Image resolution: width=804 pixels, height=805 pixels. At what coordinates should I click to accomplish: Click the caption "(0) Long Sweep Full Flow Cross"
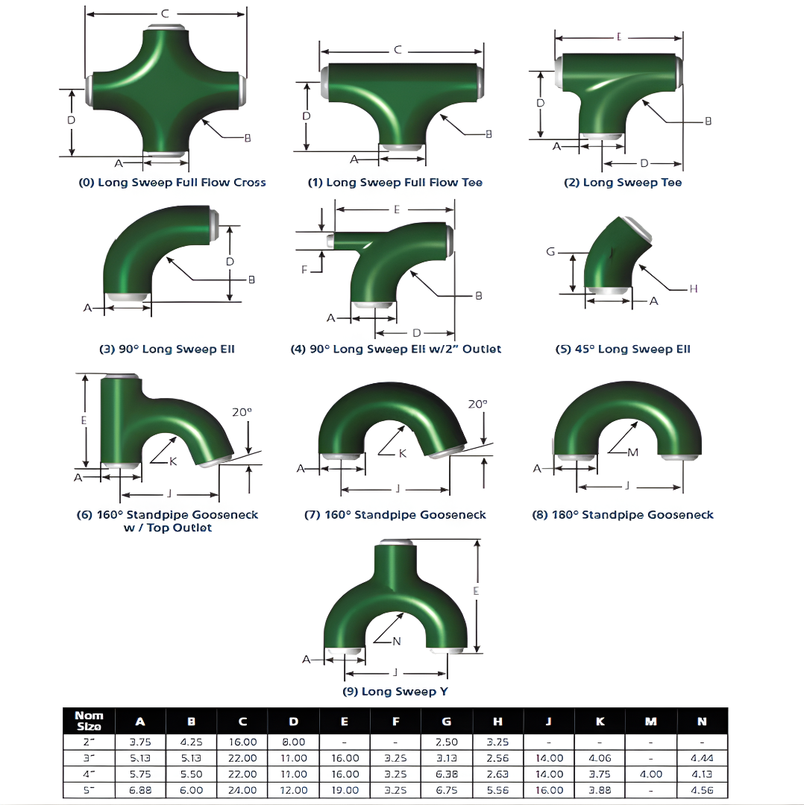[x=172, y=183]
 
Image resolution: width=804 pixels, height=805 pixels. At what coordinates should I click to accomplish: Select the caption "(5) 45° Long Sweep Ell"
[x=624, y=349]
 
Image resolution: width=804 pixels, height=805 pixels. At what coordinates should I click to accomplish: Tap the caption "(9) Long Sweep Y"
[x=395, y=692]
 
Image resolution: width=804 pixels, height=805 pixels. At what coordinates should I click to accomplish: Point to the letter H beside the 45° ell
[x=693, y=289]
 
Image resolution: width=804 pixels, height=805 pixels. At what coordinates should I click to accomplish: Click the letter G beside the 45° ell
[x=551, y=252]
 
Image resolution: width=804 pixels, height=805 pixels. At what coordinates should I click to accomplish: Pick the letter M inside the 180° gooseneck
[x=634, y=452]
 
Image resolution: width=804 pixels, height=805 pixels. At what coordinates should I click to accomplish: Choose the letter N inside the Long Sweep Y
[x=396, y=641]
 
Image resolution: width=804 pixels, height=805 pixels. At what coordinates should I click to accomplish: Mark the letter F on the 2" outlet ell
[x=304, y=270]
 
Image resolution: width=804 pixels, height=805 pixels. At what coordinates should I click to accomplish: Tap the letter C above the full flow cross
[x=165, y=13]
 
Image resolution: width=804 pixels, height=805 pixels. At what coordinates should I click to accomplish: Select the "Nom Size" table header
[x=89, y=721]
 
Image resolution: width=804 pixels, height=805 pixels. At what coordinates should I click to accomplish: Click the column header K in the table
[x=600, y=722]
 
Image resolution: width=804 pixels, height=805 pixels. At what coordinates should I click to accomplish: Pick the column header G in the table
[x=446, y=722]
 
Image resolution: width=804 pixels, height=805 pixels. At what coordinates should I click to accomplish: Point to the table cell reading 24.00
[x=243, y=790]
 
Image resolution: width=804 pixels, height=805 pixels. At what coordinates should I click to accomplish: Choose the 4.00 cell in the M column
[x=651, y=774]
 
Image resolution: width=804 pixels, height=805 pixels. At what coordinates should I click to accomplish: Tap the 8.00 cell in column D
[x=294, y=742]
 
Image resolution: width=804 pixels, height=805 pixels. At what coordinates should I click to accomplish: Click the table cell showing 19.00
[x=344, y=790]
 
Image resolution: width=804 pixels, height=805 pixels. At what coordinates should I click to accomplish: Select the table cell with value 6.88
[x=140, y=790]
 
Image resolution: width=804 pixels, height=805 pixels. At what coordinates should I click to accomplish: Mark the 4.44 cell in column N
[x=702, y=758]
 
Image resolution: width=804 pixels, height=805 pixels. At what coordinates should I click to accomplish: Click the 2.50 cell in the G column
[x=446, y=742]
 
